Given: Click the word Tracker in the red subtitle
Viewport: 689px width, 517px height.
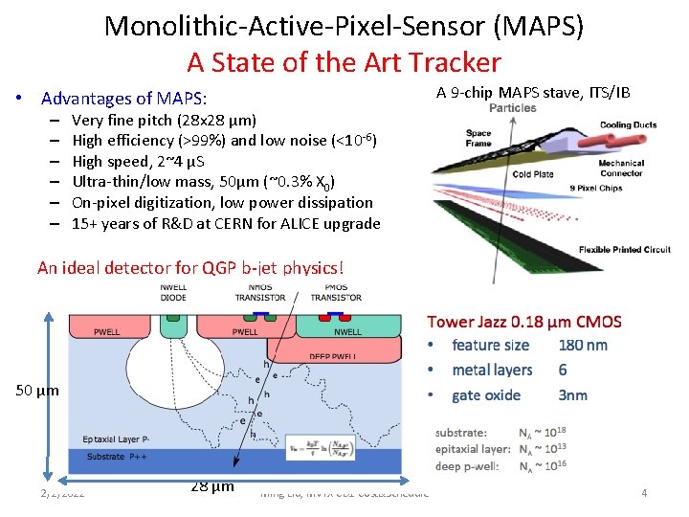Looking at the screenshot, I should [x=455, y=62].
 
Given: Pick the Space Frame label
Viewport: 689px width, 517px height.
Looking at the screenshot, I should [x=478, y=139].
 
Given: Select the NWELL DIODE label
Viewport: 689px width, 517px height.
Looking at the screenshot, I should [x=174, y=292].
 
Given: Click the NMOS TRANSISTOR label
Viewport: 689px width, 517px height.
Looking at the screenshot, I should [x=259, y=292].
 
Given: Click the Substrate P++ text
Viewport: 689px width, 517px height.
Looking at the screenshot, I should [x=118, y=457].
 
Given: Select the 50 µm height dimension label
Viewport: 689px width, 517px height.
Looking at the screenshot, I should [x=36, y=391].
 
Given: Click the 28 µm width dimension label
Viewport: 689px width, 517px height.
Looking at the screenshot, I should [x=211, y=486].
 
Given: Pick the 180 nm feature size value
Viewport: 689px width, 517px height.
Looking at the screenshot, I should [x=583, y=345].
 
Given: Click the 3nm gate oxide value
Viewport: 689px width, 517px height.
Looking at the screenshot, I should [x=572, y=394].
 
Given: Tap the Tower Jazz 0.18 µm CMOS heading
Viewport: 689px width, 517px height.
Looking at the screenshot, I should [x=523, y=322].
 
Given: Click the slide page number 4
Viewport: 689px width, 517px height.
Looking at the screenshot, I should [x=644, y=493].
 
